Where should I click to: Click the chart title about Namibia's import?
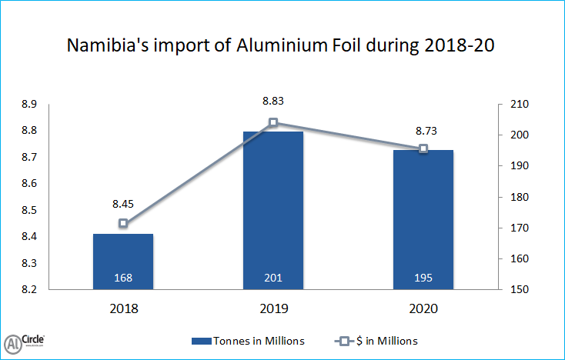[x=280, y=45]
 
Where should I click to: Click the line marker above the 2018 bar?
[x=123, y=223]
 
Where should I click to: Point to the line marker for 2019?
[x=273, y=122]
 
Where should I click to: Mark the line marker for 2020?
[x=423, y=148]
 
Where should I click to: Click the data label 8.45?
[x=123, y=204]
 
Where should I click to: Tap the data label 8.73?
[x=423, y=131]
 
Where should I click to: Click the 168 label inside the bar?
[x=123, y=277]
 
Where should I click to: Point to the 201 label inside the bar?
[x=273, y=277]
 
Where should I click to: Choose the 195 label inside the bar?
[x=423, y=277]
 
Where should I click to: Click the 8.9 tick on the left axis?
[x=28, y=105]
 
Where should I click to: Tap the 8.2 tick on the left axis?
[x=28, y=290]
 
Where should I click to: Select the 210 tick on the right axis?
[x=513, y=105]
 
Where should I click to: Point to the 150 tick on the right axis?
[x=513, y=290]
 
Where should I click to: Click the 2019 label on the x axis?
[x=273, y=309]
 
